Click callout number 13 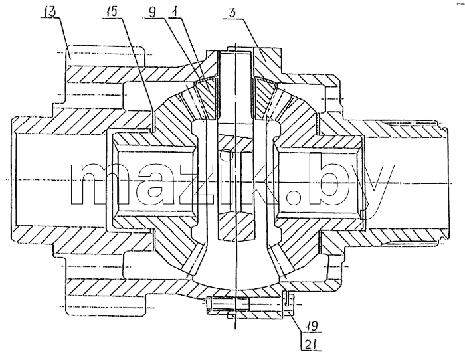(x=50, y=13)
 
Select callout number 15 (x=110, y=13)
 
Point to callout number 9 (x=151, y=13)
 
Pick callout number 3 (x=232, y=13)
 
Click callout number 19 (x=312, y=326)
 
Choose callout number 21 (x=310, y=344)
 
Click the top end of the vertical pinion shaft (x=236, y=52)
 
